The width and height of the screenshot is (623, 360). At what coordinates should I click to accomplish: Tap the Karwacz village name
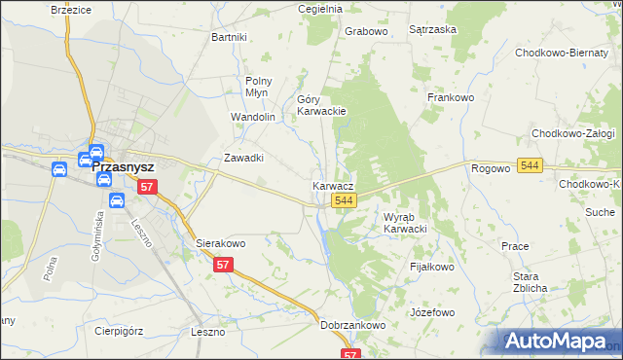[x=332, y=184]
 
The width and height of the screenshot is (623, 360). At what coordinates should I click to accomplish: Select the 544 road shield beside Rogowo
[x=530, y=166]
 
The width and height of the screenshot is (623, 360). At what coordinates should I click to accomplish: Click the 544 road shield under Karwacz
[x=342, y=200]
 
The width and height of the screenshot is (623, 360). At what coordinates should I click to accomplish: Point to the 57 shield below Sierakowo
[x=224, y=265]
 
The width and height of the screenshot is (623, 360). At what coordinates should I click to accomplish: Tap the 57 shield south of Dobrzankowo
[x=351, y=354]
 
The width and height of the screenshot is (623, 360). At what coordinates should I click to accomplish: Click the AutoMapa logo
[x=559, y=341]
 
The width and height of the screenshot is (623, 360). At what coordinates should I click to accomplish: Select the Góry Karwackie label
[x=321, y=105]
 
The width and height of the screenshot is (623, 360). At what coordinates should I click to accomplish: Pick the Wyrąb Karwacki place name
[x=406, y=223]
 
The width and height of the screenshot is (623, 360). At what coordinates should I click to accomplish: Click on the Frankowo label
[x=450, y=97]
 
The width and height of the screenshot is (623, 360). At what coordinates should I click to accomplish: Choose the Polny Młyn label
[x=258, y=87]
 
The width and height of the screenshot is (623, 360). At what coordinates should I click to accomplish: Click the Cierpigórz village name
[x=119, y=329]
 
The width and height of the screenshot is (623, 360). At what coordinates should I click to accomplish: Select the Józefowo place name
[x=433, y=312]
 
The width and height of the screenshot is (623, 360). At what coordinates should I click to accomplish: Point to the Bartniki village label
[x=230, y=37]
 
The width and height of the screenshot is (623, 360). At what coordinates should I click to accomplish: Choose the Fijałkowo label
[x=432, y=266]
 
